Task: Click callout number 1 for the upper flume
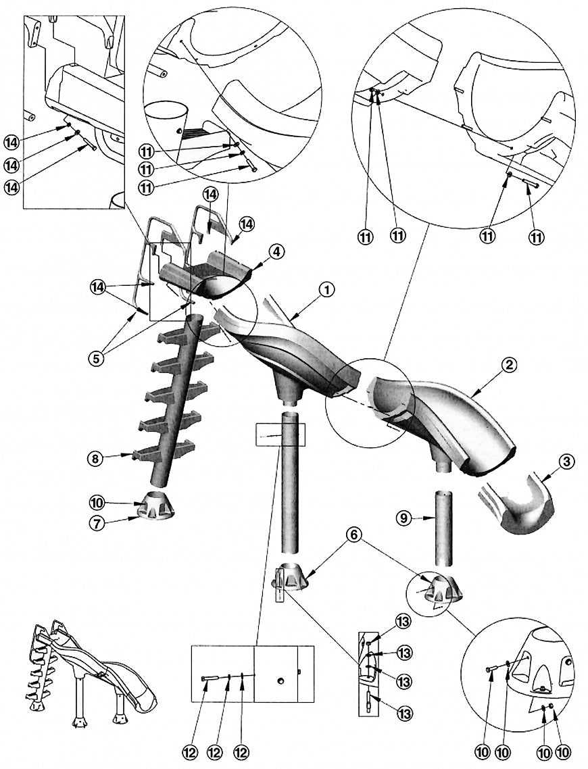326,290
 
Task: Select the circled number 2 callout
509,366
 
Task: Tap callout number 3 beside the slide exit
566,463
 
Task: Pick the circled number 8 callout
96,459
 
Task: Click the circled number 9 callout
402,519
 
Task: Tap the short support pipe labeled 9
443,527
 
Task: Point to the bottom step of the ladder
164,451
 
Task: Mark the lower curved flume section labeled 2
446,416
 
